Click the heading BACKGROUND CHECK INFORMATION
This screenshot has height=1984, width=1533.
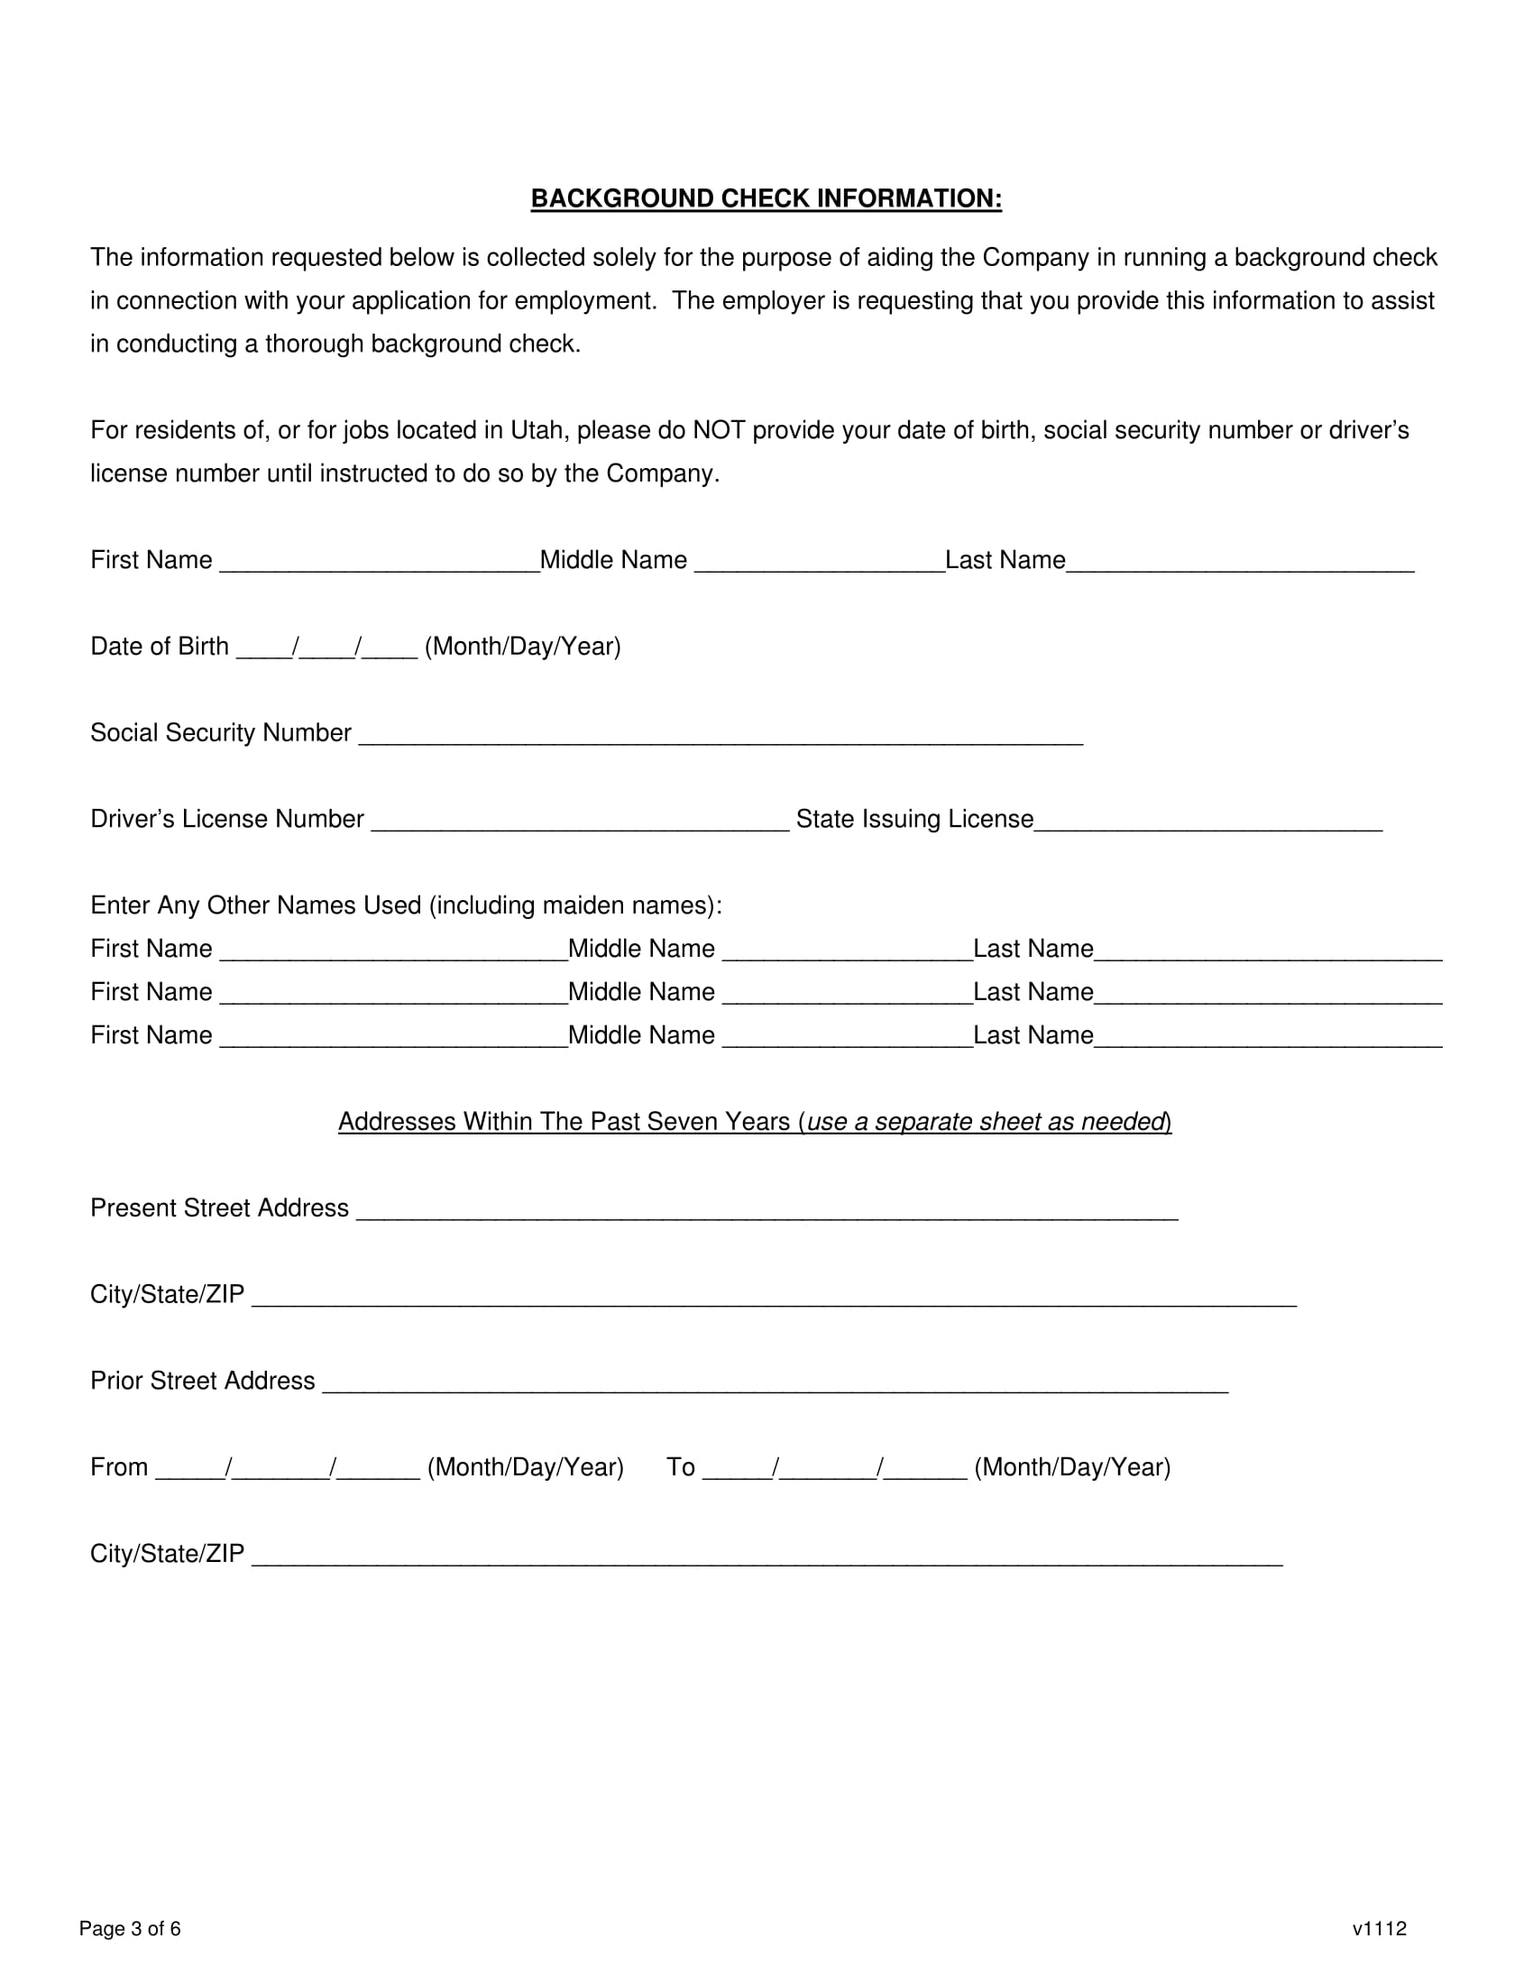click(x=766, y=199)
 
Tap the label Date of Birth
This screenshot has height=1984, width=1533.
click(x=160, y=647)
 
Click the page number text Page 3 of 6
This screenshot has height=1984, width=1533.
click(x=130, y=1929)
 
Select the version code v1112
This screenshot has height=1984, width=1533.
click(x=1379, y=1929)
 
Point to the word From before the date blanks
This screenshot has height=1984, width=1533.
click(x=119, y=1467)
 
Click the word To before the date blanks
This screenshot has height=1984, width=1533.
click(x=680, y=1467)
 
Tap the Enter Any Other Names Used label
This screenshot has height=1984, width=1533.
click(x=406, y=905)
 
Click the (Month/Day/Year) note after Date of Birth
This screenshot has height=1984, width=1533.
click(x=522, y=647)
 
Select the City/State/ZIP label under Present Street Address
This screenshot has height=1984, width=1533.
click(x=167, y=1294)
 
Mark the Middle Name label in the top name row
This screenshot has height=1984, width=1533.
click(x=613, y=561)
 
